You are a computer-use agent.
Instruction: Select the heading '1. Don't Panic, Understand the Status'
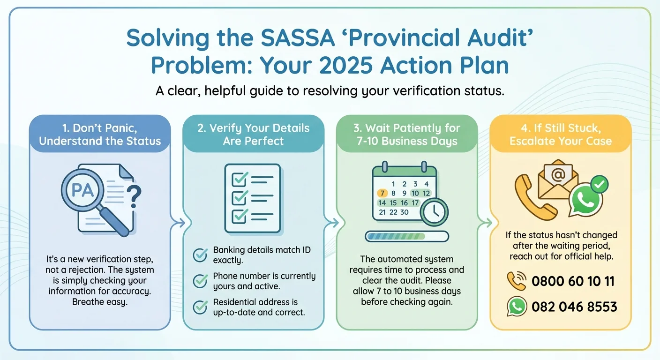99,135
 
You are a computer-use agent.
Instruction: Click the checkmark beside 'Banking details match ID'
201,255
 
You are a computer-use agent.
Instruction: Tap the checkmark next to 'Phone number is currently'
201,281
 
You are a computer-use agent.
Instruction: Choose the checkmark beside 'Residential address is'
201,307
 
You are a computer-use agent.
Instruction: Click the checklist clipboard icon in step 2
252,198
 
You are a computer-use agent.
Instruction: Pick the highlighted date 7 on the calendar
382,193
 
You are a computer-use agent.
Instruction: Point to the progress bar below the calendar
406,236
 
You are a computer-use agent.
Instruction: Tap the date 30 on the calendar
404,212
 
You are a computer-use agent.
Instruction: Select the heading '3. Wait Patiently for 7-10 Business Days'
406,135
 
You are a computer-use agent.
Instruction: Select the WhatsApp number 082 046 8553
574,307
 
